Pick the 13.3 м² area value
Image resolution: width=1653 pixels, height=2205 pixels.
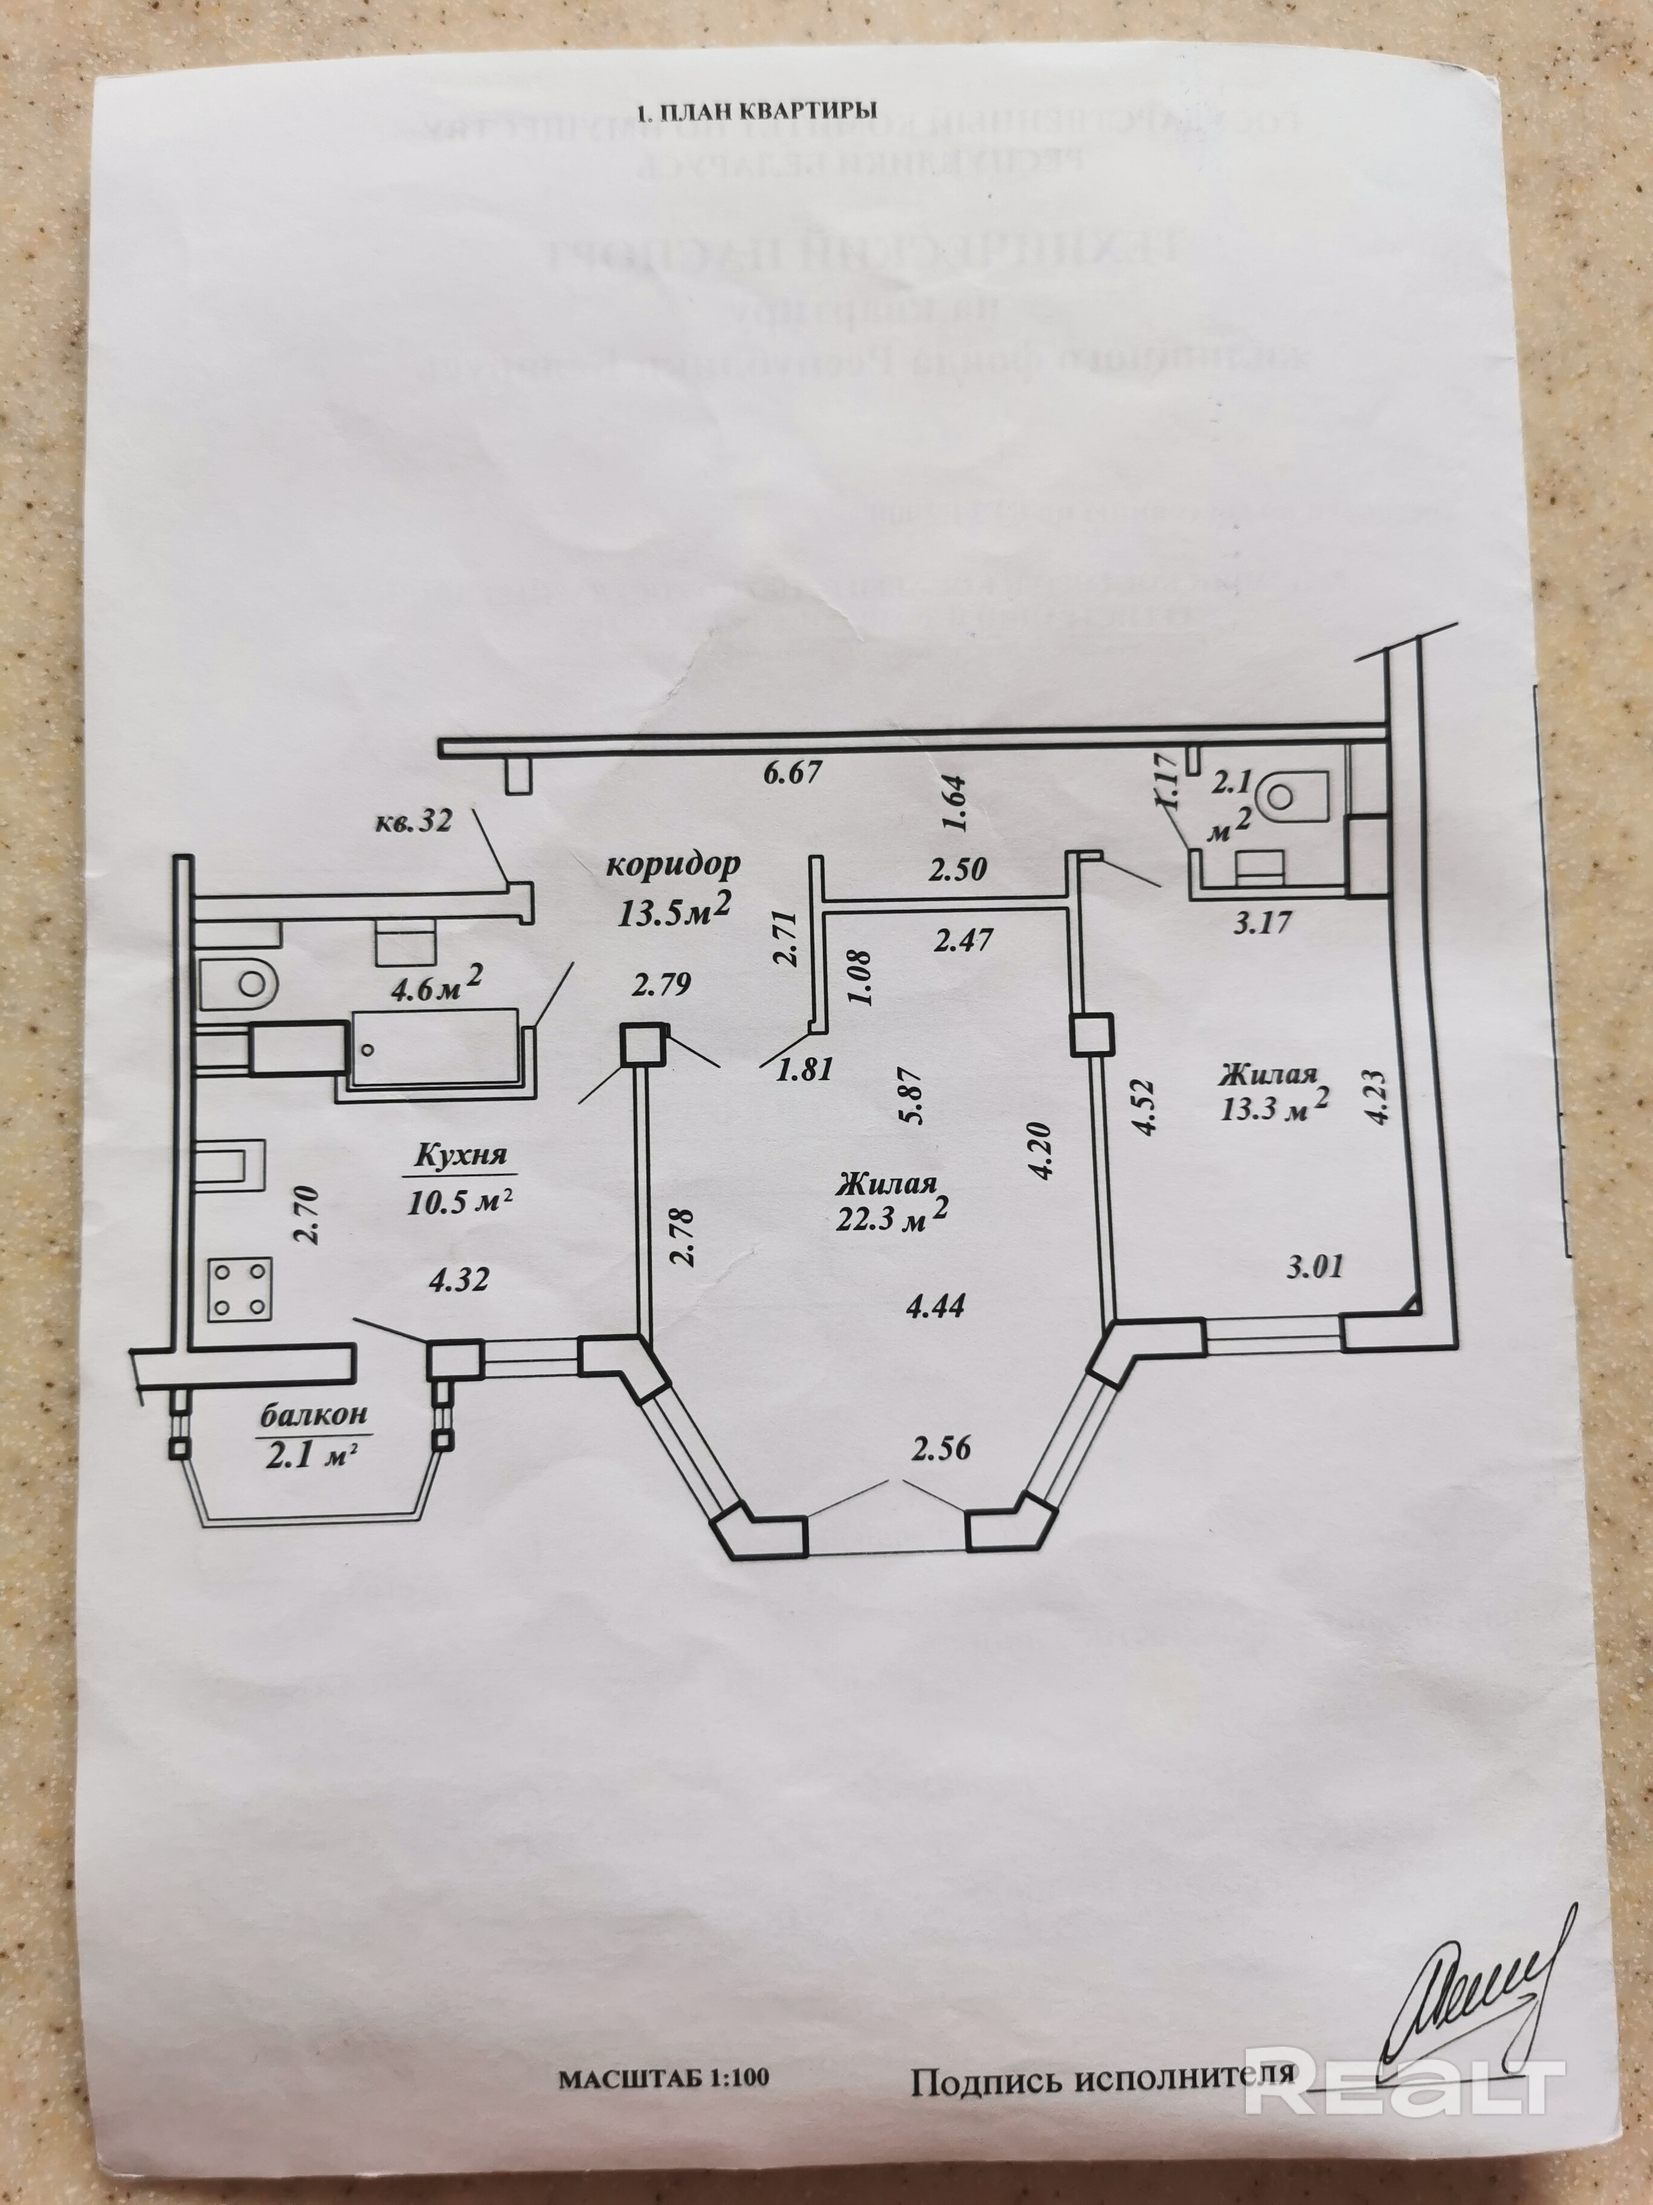point(1274,1107)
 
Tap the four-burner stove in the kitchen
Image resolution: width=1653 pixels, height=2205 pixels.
point(239,1289)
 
